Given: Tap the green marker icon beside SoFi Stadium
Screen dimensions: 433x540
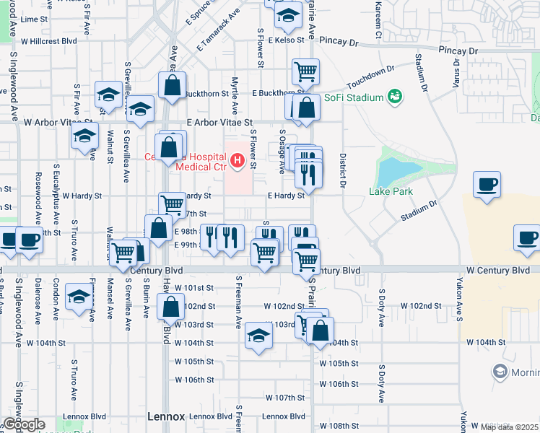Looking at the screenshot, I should point(394,96).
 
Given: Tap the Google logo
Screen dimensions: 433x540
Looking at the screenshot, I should point(23,424).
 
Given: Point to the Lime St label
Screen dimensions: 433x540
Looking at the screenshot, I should point(33,19).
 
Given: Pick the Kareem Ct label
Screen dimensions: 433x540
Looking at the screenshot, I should point(378,19).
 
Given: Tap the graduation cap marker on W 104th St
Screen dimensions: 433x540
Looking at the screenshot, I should point(258,336).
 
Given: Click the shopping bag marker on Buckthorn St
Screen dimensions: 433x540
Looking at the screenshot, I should point(173,86).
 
